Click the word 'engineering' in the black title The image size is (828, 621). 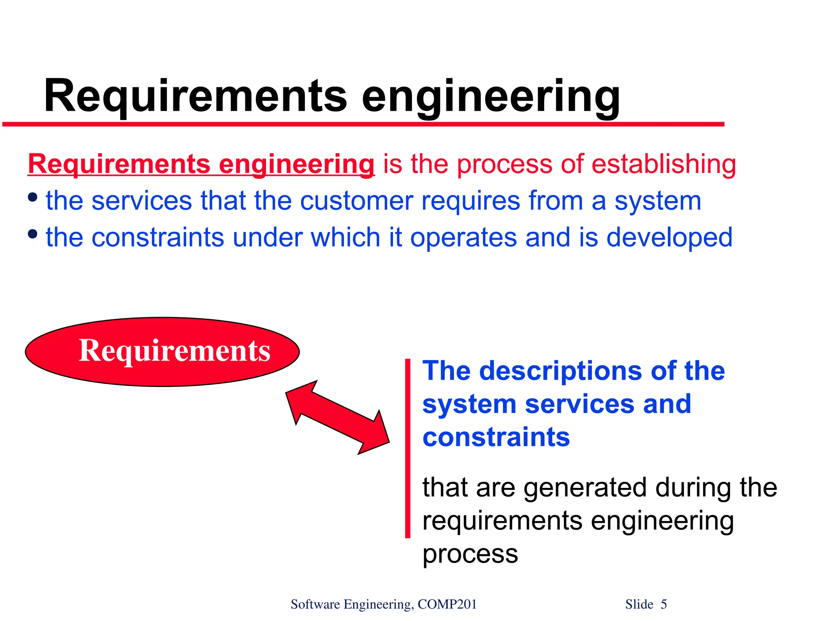(x=490, y=97)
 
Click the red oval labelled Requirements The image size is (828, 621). (x=162, y=352)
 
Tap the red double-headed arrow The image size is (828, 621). (x=337, y=417)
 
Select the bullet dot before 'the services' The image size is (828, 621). (x=33, y=198)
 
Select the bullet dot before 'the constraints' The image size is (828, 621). (x=33, y=234)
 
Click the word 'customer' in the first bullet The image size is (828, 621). (x=357, y=201)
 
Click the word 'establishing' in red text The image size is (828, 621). (x=663, y=165)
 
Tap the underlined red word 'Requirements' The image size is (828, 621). (x=119, y=165)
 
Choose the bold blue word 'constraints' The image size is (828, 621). (x=496, y=437)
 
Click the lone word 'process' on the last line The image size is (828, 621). (x=470, y=554)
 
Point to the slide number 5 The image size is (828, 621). (x=663, y=604)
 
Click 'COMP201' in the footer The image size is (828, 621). (x=447, y=604)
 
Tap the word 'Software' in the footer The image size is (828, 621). (x=315, y=604)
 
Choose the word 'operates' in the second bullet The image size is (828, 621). (x=463, y=238)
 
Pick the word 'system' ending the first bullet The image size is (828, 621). (x=658, y=201)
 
